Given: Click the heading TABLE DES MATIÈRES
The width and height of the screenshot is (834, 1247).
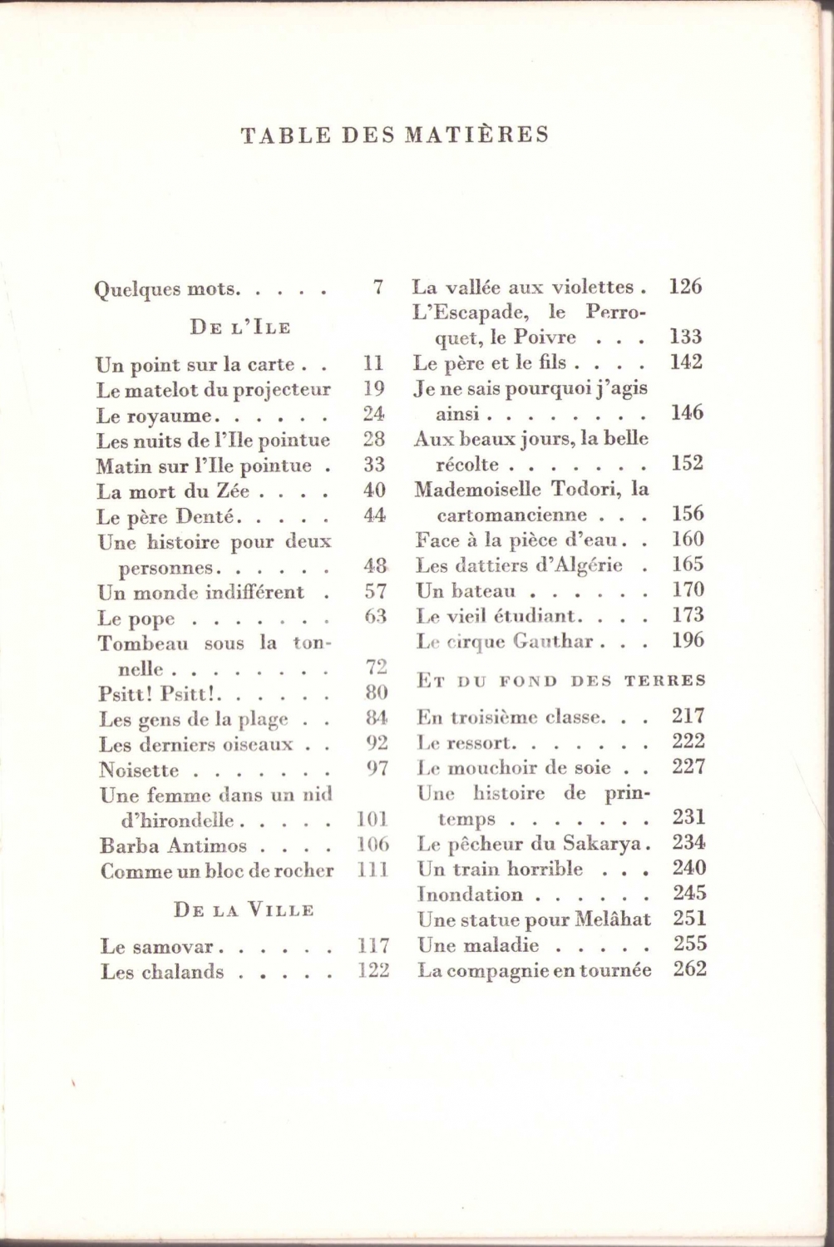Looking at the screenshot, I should point(395,135).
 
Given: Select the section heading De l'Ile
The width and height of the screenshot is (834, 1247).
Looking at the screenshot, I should point(240,327).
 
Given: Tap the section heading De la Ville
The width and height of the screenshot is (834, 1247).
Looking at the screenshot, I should point(244,910).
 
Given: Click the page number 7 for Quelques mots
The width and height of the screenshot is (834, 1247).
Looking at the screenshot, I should point(378,288).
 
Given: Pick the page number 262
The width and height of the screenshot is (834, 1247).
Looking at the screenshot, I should point(689,969).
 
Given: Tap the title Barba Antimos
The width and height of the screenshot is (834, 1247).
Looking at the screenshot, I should point(173,846).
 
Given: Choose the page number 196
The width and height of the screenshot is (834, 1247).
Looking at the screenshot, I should point(688,640).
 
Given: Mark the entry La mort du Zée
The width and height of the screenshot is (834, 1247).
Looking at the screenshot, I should point(174,491).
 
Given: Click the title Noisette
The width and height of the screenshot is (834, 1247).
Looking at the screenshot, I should point(138,771).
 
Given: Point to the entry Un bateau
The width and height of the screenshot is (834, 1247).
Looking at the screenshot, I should point(466,591).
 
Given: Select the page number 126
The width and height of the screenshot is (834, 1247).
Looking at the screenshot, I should point(685,287).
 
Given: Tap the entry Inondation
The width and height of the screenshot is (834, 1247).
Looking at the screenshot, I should point(470,895).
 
